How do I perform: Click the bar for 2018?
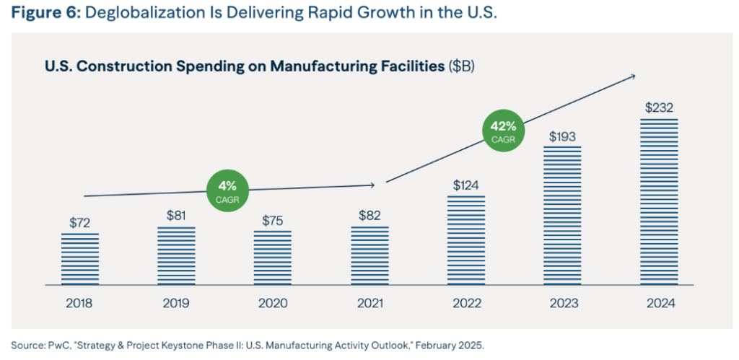[x=79, y=258]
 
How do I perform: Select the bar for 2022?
[x=465, y=240]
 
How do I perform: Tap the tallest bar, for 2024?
[x=659, y=201]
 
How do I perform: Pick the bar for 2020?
[x=273, y=258]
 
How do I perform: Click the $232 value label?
[x=659, y=108]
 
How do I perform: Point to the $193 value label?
[x=563, y=136]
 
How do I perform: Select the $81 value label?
[x=176, y=216]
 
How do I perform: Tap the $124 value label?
[x=465, y=185]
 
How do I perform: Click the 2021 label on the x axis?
[x=369, y=304]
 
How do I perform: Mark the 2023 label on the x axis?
[x=563, y=304]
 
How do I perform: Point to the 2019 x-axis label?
[x=176, y=304]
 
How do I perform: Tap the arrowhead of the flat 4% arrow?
[x=372, y=185]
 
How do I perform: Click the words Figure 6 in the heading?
[x=48, y=14]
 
